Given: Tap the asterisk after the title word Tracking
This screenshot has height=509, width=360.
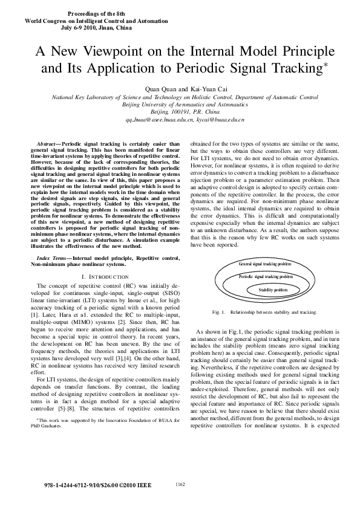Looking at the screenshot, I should (325, 63).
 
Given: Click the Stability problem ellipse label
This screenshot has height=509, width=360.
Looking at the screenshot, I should (273, 290).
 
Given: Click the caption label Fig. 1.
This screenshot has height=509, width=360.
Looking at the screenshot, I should (219, 312).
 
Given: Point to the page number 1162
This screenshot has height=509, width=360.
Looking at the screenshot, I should (180, 484).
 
